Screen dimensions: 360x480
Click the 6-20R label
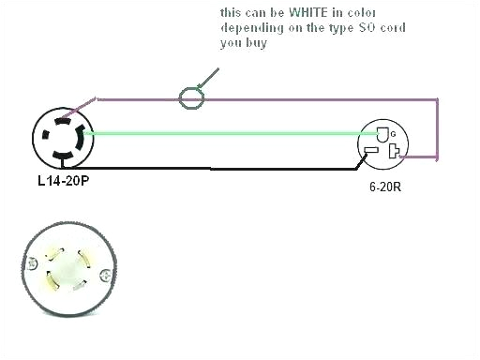click(x=385, y=187)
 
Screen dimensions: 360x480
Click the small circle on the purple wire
click(x=191, y=96)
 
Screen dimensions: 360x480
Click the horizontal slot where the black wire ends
click(x=370, y=151)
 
